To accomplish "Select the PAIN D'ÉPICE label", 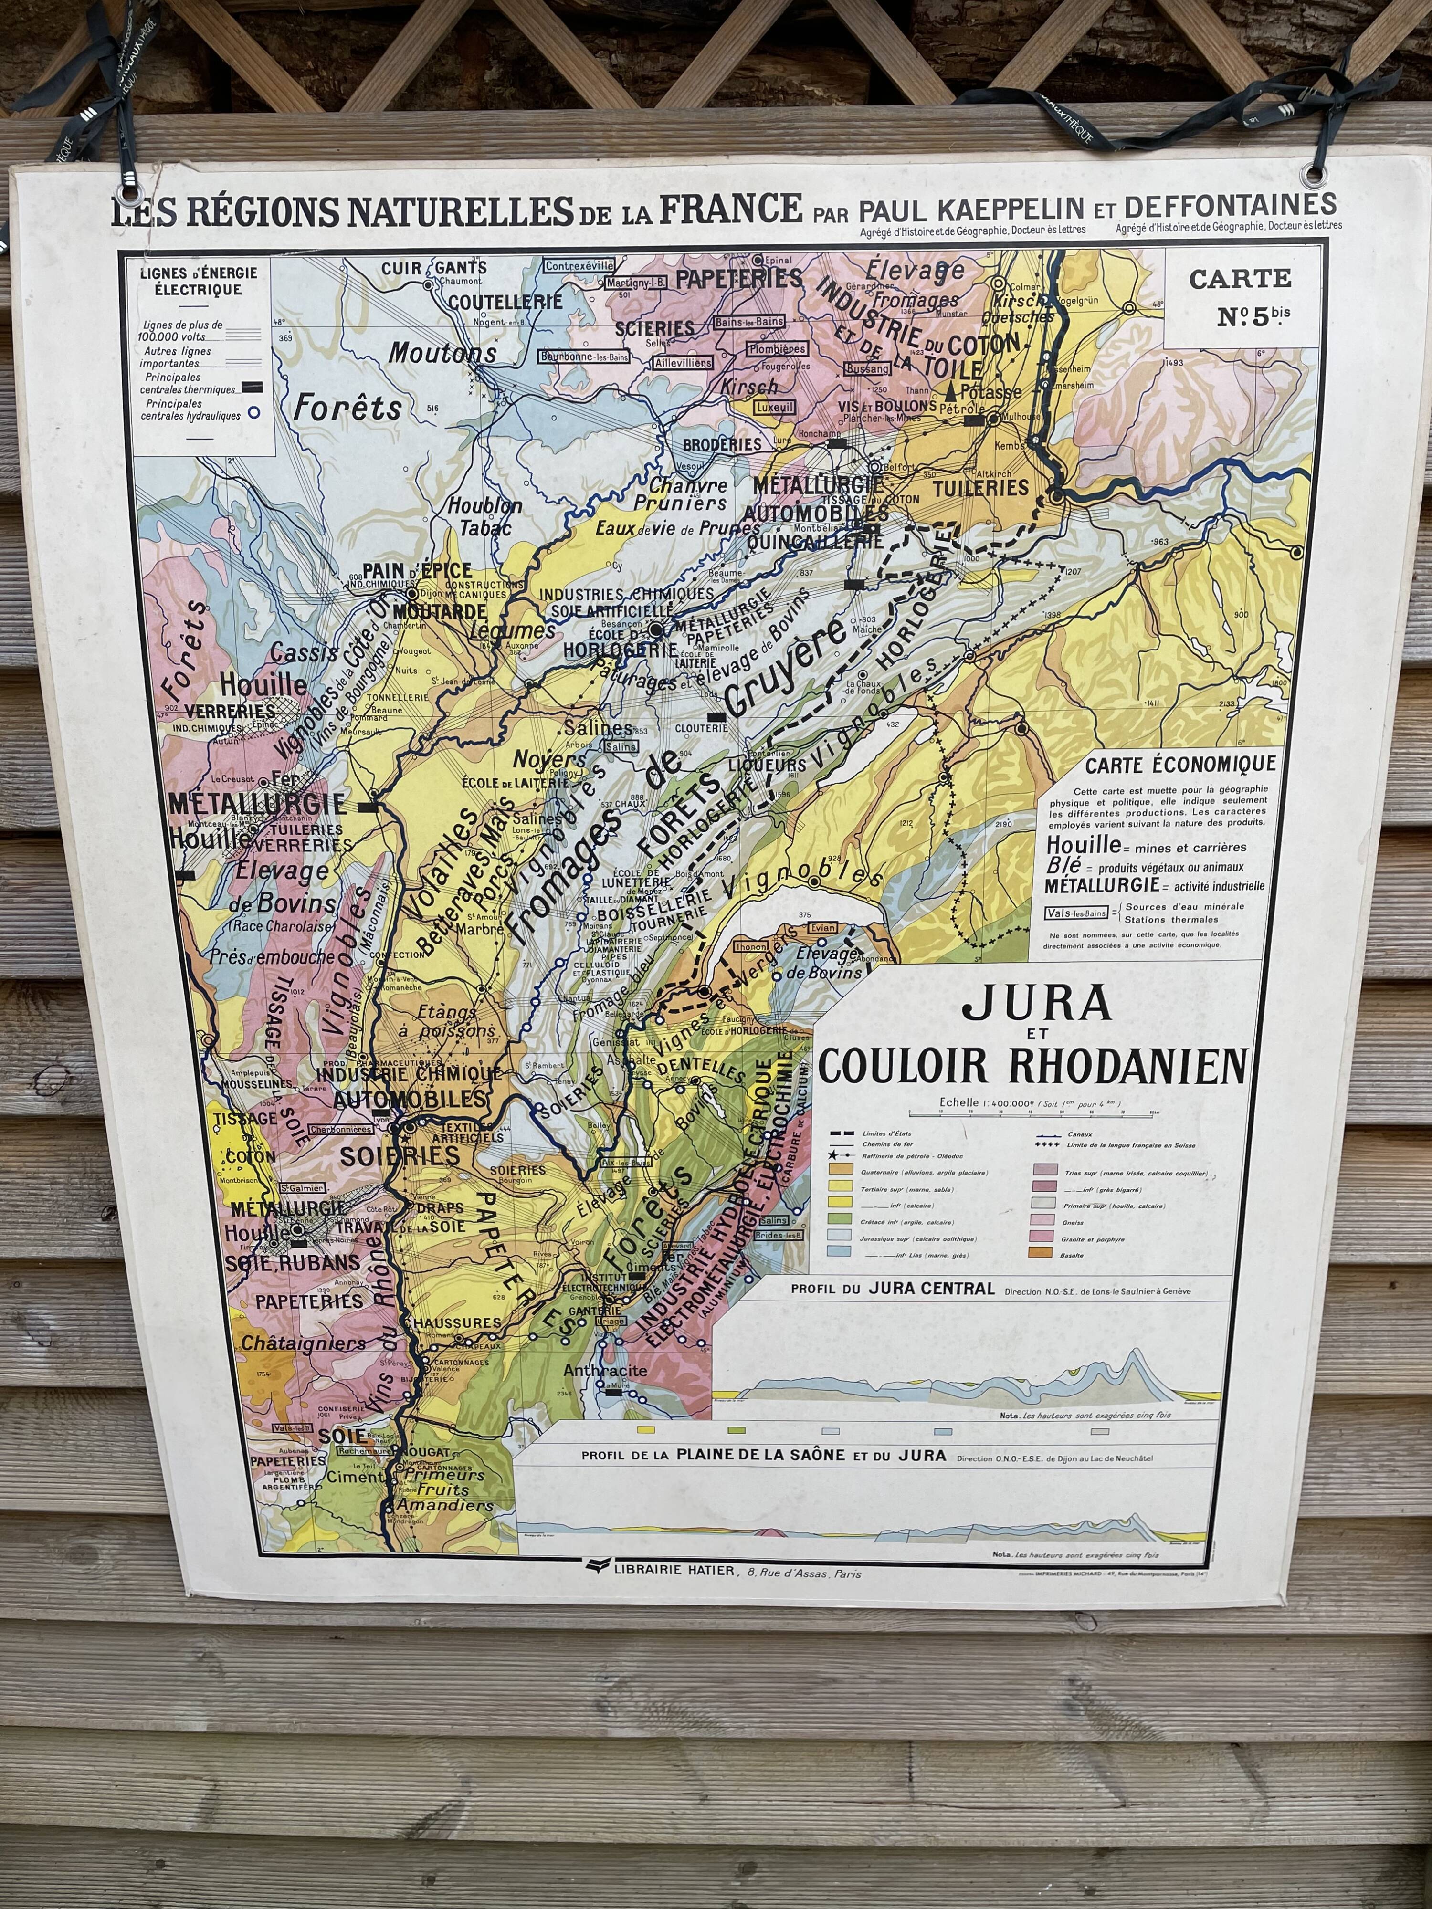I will (x=417, y=570).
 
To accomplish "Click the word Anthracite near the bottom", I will (x=605, y=1371).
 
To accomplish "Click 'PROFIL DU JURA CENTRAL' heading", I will (x=893, y=1289).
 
